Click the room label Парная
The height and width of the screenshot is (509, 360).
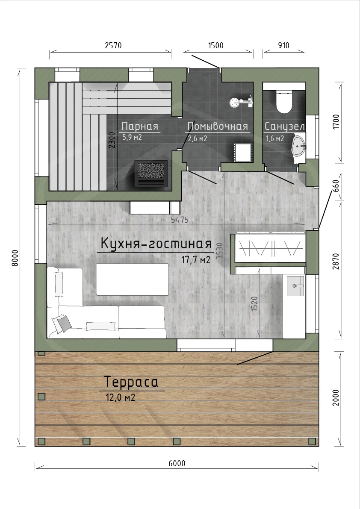pyautogui.click(x=140, y=126)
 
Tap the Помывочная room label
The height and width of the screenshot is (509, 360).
pyautogui.click(x=218, y=126)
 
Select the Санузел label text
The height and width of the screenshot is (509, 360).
pyautogui.click(x=285, y=126)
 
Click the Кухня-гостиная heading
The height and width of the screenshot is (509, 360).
pyautogui.click(x=156, y=244)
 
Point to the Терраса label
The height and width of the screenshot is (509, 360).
pyautogui.click(x=131, y=382)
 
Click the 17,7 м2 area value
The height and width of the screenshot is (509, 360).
pyautogui.click(x=196, y=260)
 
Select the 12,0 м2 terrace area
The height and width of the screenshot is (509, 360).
pyautogui.click(x=121, y=397)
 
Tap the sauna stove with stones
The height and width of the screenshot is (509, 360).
pyautogui.click(x=151, y=174)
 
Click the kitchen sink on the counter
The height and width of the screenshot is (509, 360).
pyautogui.click(x=295, y=286)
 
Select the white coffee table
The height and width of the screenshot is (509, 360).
pyautogui.click(x=133, y=280)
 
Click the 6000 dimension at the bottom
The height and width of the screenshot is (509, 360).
pyautogui.click(x=177, y=463)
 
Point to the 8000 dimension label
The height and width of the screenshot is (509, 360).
pyautogui.click(x=15, y=258)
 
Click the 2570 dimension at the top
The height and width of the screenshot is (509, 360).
pyautogui.click(x=113, y=45)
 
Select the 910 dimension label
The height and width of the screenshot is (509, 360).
pyautogui.click(x=284, y=45)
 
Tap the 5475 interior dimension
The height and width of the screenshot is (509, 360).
pyautogui.click(x=180, y=220)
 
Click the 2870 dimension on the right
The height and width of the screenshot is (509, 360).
pyautogui.click(x=336, y=261)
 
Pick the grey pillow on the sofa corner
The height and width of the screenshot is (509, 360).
pyautogui.click(x=64, y=324)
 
